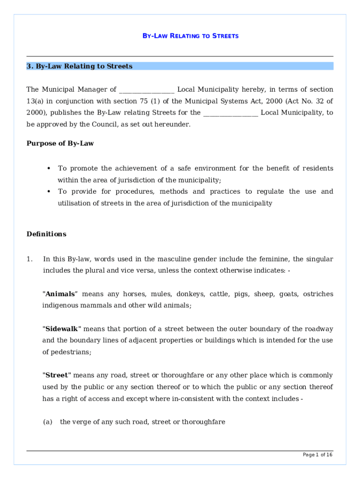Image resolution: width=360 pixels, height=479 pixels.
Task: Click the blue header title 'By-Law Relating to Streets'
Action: [190, 36]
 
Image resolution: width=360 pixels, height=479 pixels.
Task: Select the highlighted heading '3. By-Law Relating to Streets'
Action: [79, 66]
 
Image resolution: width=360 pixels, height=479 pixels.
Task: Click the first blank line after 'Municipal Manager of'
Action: [147, 90]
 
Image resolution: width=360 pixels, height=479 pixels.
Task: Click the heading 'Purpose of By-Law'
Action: [60, 144]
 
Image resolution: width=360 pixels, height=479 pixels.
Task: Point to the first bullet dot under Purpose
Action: [49, 168]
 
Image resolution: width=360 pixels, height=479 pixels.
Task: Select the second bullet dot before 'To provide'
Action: [49, 191]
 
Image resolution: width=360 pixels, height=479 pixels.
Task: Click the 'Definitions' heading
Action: [46, 234]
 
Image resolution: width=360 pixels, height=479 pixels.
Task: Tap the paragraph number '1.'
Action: [30, 259]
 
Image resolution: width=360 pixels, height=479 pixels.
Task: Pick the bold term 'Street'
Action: [57, 375]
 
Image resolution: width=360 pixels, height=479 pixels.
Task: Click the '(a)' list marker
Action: [47, 422]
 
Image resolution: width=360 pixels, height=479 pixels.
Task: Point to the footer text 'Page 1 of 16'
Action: [317, 455]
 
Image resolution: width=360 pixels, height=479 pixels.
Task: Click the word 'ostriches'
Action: [318, 294]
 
